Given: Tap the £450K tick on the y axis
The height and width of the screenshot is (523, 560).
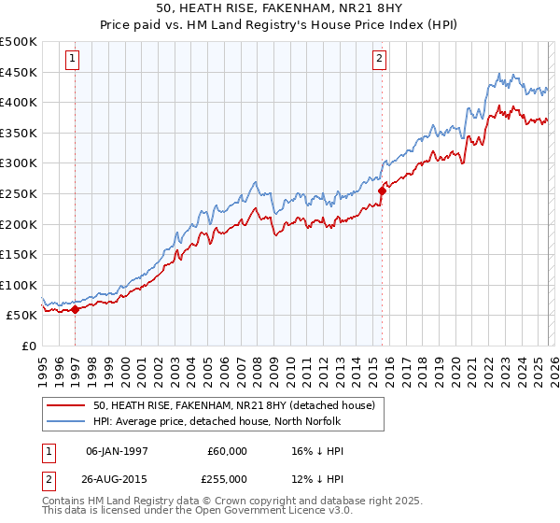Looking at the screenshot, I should click(19, 72).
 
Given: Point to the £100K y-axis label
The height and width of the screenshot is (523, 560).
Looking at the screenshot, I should click(19, 285).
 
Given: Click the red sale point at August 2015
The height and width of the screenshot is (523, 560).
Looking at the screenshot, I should click(382, 191).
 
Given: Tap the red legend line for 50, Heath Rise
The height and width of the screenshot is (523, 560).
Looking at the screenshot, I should click(66, 405).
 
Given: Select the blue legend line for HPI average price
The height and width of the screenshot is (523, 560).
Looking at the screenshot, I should click(66, 421).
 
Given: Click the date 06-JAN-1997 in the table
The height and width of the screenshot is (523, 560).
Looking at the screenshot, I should click(117, 451).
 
